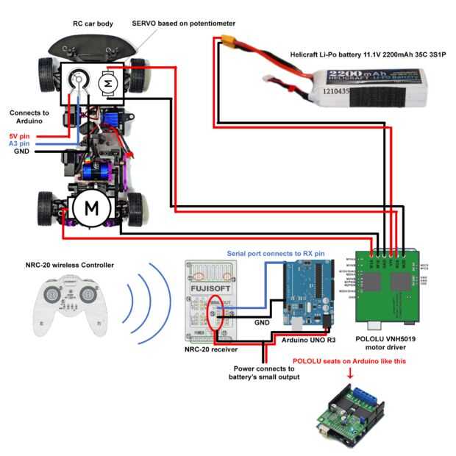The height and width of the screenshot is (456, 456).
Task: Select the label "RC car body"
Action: (93, 24)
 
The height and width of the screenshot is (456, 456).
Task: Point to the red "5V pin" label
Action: (20, 136)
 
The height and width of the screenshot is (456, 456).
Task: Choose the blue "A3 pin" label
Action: (20, 143)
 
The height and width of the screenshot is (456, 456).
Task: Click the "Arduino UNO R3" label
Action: (310, 340)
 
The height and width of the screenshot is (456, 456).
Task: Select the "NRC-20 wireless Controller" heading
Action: (69, 265)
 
